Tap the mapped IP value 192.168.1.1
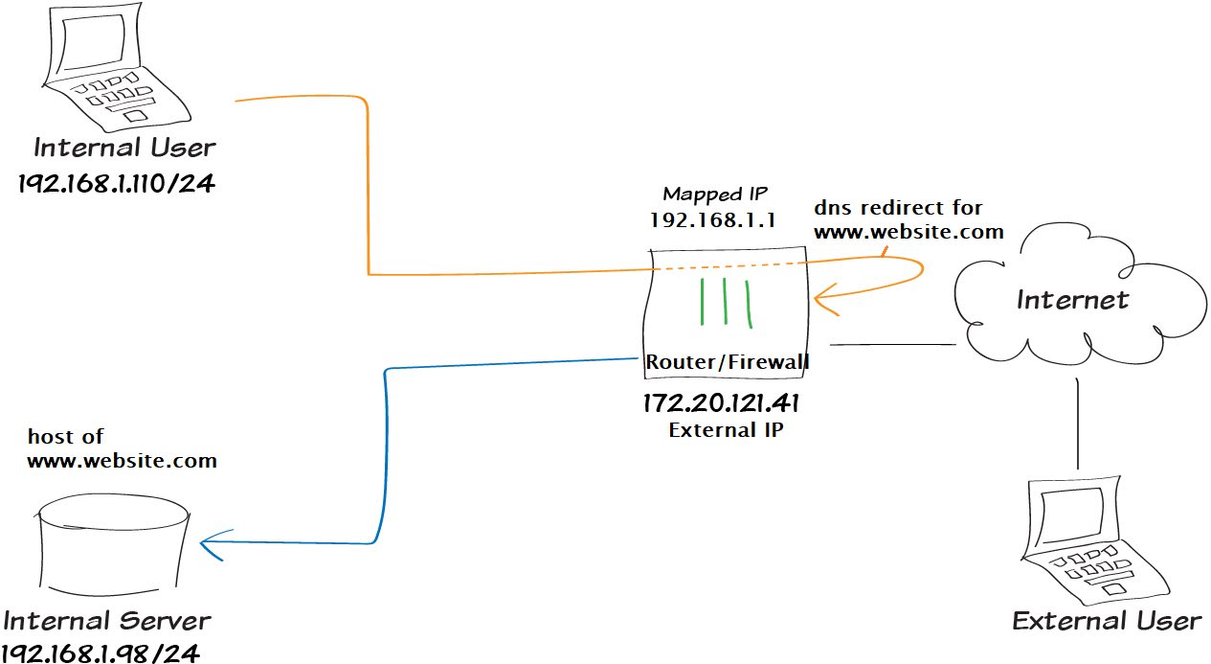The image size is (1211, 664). click(x=711, y=219)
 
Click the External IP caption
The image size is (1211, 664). click(x=726, y=429)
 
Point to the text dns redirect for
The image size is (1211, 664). click(x=898, y=207)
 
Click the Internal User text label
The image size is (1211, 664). click(x=124, y=148)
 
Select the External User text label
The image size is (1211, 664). click(x=1107, y=620)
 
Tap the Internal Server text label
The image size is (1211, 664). click(x=107, y=619)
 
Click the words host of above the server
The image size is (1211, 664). click(x=65, y=437)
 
